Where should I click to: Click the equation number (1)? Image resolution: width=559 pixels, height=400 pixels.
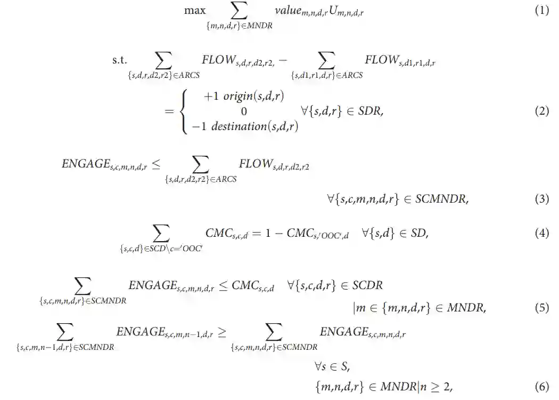point(541,10)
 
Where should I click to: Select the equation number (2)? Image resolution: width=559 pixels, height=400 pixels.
point(541,111)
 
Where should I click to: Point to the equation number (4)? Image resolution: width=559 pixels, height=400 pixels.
point(541,233)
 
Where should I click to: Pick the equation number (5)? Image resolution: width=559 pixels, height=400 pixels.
point(541,308)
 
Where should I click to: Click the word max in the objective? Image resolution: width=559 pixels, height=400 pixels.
point(195,10)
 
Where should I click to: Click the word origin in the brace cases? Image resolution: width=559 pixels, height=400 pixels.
point(240,97)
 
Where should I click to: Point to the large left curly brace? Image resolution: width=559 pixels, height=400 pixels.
point(186,111)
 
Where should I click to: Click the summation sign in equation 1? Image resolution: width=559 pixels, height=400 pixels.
point(240,10)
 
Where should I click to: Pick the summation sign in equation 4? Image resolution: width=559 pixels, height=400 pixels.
point(161,233)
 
